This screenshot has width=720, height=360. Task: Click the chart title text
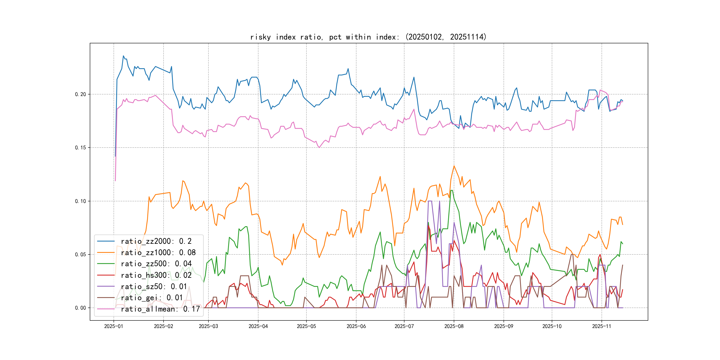tap(368, 37)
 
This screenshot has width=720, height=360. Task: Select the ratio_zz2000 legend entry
tap(156, 241)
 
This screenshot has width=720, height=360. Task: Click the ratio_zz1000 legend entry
tap(158, 253)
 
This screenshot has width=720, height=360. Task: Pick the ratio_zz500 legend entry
tap(156, 264)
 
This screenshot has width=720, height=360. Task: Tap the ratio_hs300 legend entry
tap(156, 275)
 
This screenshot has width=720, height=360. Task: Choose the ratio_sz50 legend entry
tap(154, 286)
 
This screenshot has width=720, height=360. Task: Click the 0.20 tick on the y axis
tap(80, 94)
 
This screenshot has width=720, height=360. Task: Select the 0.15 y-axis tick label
tap(80, 148)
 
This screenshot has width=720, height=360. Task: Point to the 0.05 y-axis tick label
tap(80, 255)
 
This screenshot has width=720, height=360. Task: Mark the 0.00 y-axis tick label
tap(80, 308)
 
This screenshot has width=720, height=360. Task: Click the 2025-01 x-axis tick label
tap(114, 326)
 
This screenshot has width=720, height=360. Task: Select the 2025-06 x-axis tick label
tap(356, 326)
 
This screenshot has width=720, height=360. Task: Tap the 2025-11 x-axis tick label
tap(602, 326)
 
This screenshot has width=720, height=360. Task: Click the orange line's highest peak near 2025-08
tap(454, 166)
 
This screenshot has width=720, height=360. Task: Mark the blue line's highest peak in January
tap(124, 56)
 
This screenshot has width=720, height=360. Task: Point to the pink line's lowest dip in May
tap(319, 148)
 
